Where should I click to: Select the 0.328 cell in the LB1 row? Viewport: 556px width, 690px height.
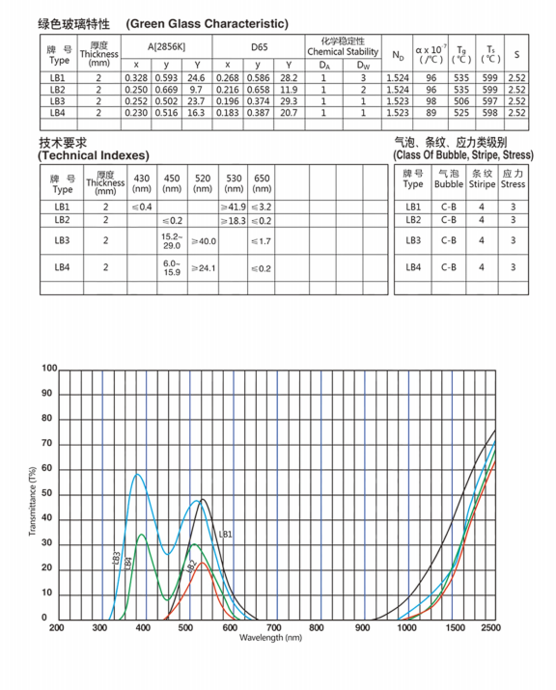tap(137, 77)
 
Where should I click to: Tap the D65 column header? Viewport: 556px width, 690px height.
tap(259, 46)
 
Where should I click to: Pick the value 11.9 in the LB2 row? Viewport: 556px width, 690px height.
tap(289, 89)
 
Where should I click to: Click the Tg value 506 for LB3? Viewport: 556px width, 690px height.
tap(463, 100)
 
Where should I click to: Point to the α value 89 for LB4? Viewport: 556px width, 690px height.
tap(431, 113)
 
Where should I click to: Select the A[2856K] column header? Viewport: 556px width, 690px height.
tap(167, 46)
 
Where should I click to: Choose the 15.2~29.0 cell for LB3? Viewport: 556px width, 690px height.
tap(172, 239)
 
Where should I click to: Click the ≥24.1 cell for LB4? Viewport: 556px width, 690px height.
tap(203, 267)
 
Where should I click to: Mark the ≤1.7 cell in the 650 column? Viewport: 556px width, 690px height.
tap(262, 239)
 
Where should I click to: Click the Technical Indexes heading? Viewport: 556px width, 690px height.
tap(94, 155)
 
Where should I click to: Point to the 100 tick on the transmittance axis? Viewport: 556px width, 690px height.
tap(49, 369)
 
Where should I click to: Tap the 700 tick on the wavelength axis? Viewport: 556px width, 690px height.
tap(274, 627)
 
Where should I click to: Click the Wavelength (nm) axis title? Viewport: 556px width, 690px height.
tap(271, 638)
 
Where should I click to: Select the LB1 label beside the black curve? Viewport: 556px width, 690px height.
tap(225, 534)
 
